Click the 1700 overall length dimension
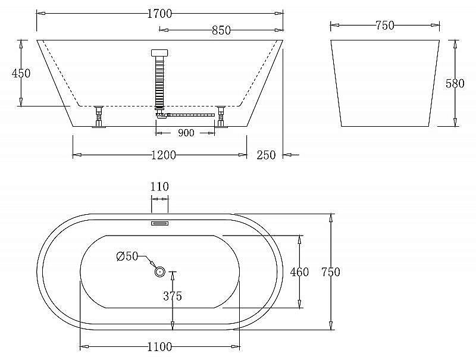click(x=159, y=14)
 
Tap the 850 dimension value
click(x=221, y=30)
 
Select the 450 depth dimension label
click(x=21, y=73)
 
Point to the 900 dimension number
click(x=186, y=133)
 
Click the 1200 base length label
click(x=163, y=155)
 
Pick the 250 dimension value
click(x=266, y=155)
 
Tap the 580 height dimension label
click(x=455, y=83)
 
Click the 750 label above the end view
click(x=385, y=26)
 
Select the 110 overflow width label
click(x=159, y=186)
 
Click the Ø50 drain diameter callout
click(x=127, y=256)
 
